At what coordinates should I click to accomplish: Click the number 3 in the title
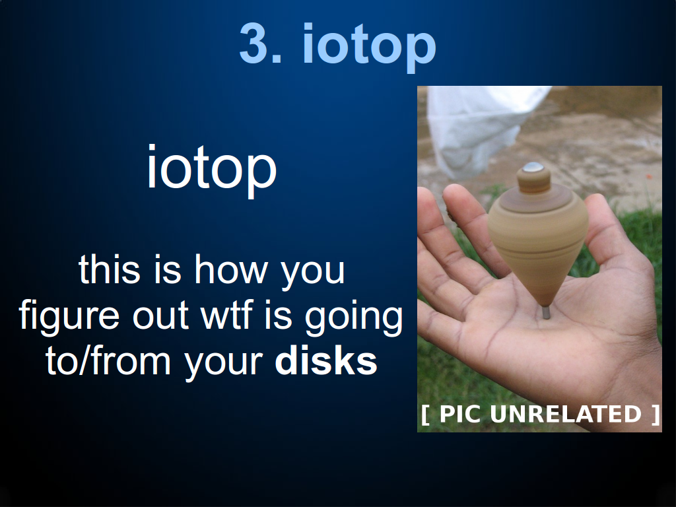tap(255, 44)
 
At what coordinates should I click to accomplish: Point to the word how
tap(230, 269)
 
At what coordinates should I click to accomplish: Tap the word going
tap(354, 318)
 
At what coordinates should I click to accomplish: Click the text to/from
tap(108, 361)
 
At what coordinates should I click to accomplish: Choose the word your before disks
tap(224, 364)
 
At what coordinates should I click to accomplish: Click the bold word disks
tap(326, 360)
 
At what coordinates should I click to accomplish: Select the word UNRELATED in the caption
tap(566, 414)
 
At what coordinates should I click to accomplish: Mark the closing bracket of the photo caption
tap(656, 415)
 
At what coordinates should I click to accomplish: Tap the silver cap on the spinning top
tap(533, 167)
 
